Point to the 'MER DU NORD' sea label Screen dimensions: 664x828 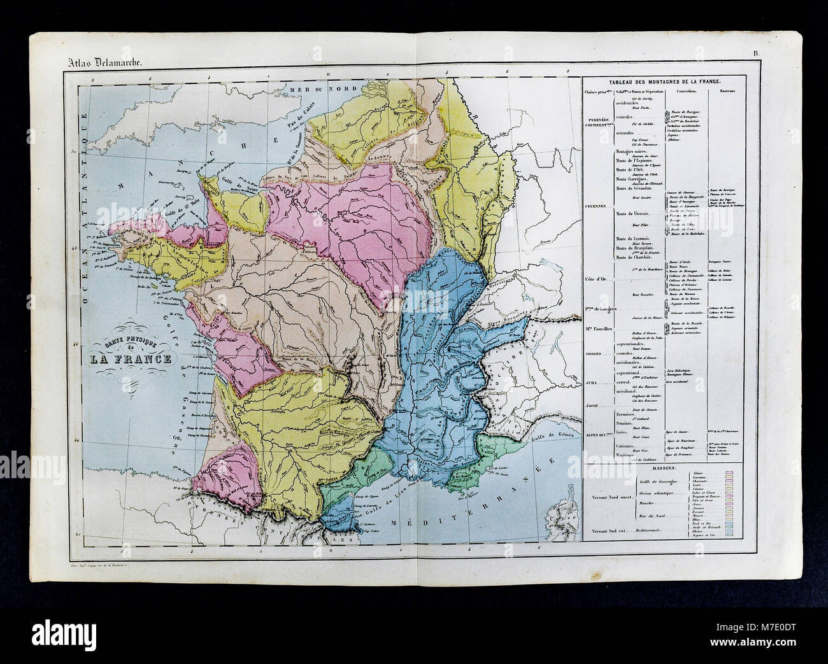pos(312,91)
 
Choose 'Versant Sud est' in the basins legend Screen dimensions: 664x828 pos(604,529)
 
